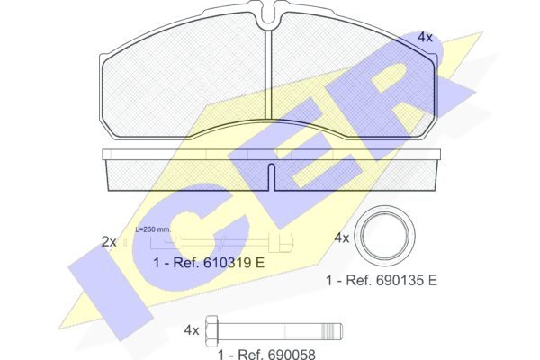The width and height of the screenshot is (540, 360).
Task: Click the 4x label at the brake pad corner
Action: click(425, 37)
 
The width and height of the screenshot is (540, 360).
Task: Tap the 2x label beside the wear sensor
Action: click(109, 242)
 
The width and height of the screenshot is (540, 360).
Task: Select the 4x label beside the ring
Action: click(342, 238)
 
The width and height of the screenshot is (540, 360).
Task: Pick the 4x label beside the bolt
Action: click(192, 330)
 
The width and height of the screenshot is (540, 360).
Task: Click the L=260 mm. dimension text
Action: click(153, 229)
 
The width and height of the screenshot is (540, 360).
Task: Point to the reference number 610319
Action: click(226, 263)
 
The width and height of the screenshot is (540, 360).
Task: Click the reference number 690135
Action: click(399, 280)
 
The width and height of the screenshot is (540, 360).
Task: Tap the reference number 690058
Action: click(292, 354)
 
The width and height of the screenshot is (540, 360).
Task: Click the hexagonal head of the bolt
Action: click(211, 330)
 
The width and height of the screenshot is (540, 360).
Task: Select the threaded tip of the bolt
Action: click(332, 330)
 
